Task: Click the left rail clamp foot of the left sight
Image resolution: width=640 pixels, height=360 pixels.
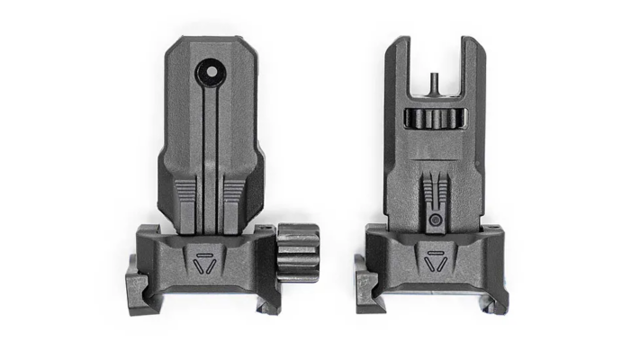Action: [x=135, y=286]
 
